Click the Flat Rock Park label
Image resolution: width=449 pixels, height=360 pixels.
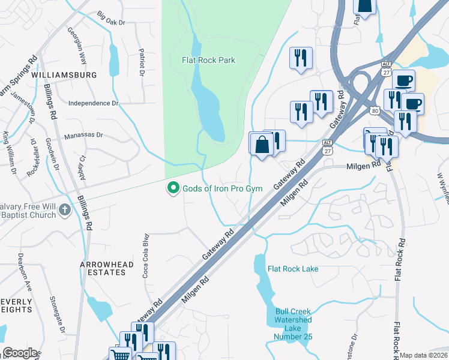pos(208,60)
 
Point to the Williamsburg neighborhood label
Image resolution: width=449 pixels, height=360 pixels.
pos(64,75)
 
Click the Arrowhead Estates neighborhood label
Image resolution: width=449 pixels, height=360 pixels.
pos(103,268)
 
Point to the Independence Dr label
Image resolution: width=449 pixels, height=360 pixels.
pos(94,103)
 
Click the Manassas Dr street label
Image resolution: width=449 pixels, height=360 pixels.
pos(84,136)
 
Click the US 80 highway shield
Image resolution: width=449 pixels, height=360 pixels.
pos(375,110)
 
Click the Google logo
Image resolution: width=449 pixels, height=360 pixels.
pos(20,353)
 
